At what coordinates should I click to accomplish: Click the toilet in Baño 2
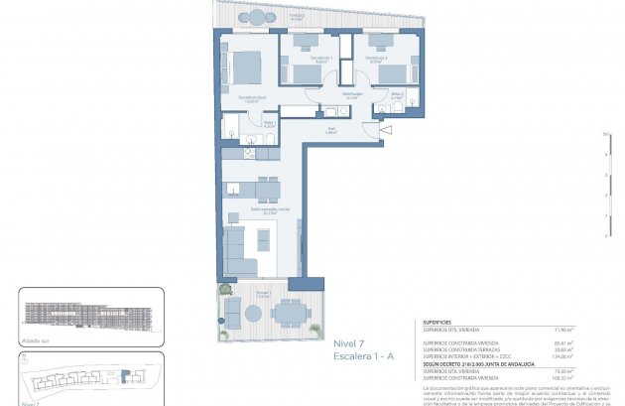[384, 110]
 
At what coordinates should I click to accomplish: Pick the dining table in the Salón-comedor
[265, 188]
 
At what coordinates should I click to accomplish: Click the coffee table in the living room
[263, 239]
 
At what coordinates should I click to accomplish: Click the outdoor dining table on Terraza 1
[288, 313]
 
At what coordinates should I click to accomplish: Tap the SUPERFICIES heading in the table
[437, 323]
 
